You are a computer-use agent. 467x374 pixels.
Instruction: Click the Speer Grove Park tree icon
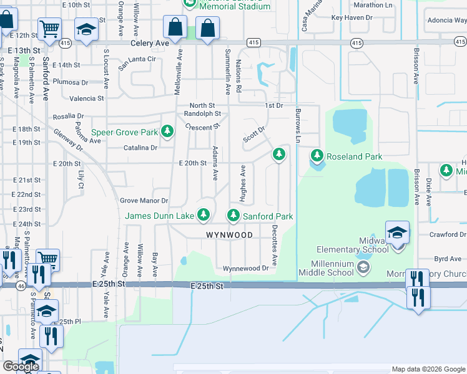pyautogui.click(x=167, y=132)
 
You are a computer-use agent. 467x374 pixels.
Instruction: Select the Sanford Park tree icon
pyautogui.click(x=234, y=216)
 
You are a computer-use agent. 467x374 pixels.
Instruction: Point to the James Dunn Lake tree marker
pyautogui.click(x=203, y=216)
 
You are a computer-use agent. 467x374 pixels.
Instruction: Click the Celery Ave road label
pyautogui.click(x=150, y=44)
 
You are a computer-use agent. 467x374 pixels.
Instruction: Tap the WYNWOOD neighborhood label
pyautogui.click(x=229, y=235)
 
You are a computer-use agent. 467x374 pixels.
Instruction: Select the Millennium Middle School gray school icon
pyautogui.click(x=362, y=267)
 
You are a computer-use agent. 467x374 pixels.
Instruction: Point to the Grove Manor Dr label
pyautogui.click(x=144, y=201)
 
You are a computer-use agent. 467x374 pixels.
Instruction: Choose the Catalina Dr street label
pyautogui.click(x=140, y=148)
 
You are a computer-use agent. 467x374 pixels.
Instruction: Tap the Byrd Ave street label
pyautogui.click(x=448, y=259)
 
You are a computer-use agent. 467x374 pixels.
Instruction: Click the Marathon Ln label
pyautogui.click(x=371, y=5)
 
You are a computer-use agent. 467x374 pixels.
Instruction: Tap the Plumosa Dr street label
pyautogui.click(x=71, y=82)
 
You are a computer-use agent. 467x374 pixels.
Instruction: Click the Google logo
pyautogui.click(x=21, y=367)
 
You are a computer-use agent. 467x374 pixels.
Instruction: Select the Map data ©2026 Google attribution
pyautogui.click(x=428, y=370)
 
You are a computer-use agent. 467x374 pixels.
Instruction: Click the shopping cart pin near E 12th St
pyautogui.click(x=49, y=29)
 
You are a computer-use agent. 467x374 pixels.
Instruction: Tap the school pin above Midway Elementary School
pyautogui.click(x=397, y=233)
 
